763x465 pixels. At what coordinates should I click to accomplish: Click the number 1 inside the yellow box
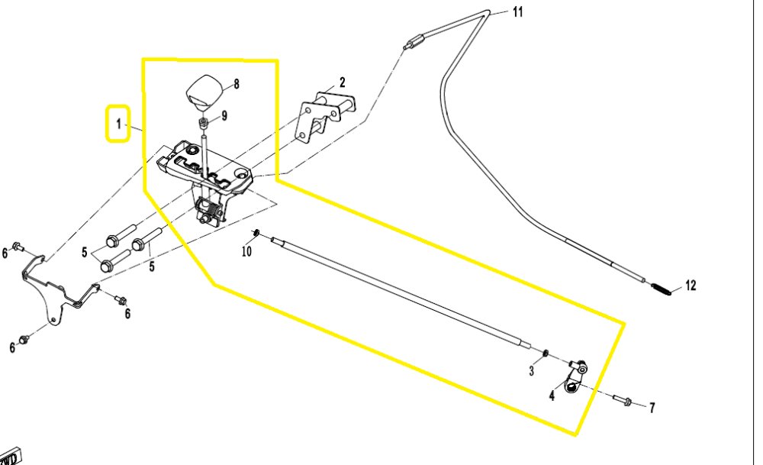pyautogui.click(x=118, y=123)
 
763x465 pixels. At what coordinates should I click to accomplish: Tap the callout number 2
pyautogui.click(x=343, y=82)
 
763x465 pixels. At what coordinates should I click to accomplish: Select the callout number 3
pyautogui.click(x=532, y=371)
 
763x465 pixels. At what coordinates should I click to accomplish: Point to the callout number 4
pyautogui.click(x=551, y=396)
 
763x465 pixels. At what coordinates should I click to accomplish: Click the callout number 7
pyautogui.click(x=652, y=408)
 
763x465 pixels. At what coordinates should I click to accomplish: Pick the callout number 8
pyautogui.click(x=237, y=85)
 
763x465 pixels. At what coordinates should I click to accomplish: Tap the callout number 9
pyautogui.click(x=224, y=116)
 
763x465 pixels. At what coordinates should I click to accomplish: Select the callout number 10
pyautogui.click(x=246, y=250)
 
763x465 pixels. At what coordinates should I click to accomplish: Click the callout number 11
pyautogui.click(x=518, y=11)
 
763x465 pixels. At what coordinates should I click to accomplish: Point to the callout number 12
pyautogui.click(x=690, y=286)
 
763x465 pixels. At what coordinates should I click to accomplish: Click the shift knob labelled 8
pyautogui.click(x=204, y=90)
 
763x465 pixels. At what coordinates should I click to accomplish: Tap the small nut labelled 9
pyautogui.click(x=204, y=122)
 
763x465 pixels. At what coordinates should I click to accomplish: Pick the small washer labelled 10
pyautogui.click(x=257, y=232)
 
